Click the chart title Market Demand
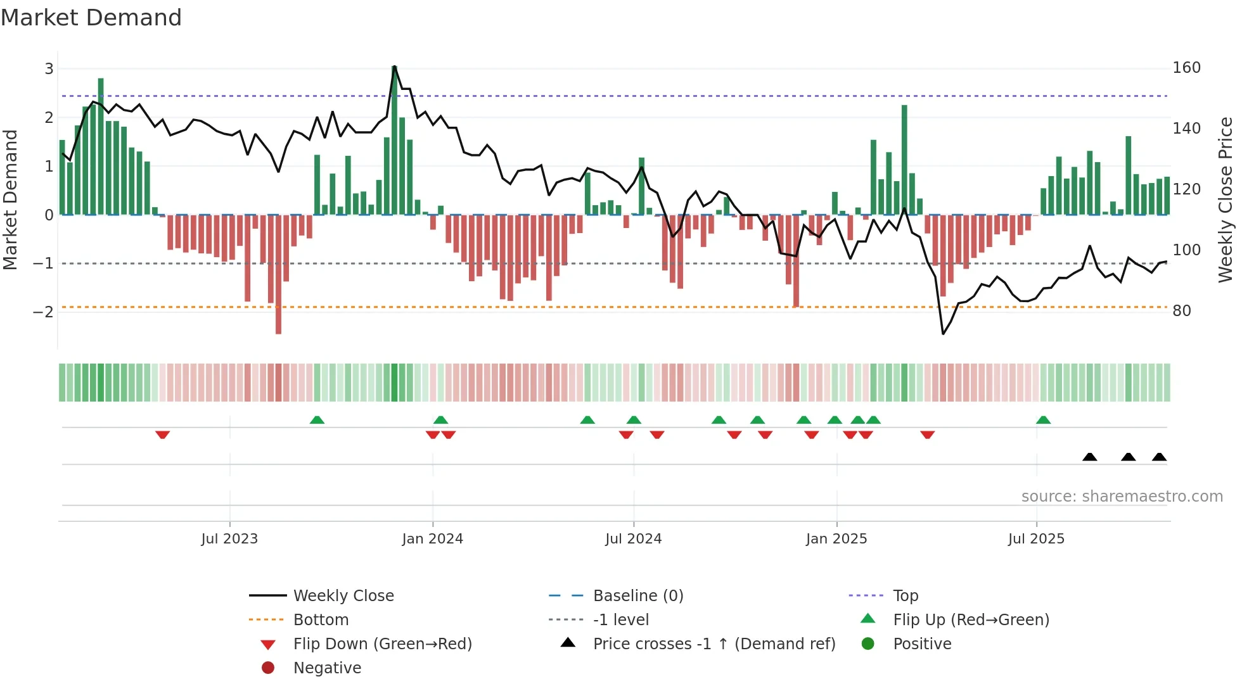[x=91, y=18]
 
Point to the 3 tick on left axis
[x=49, y=68]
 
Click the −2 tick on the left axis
[x=43, y=312]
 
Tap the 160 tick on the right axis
[x=1186, y=68]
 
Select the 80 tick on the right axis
[x=1181, y=311]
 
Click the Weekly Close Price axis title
[x=1226, y=200]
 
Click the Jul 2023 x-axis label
[x=229, y=539]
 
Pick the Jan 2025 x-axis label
[x=836, y=539]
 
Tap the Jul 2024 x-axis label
[x=633, y=539]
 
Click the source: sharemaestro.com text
[x=1122, y=497]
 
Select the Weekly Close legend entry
[x=343, y=596]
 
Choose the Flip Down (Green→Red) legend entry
[x=382, y=644]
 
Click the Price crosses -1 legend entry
[x=714, y=644]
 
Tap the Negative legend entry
[x=327, y=668]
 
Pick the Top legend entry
[x=906, y=596]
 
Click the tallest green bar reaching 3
[x=394, y=139]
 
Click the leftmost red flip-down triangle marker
[x=162, y=435]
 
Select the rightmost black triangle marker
[x=1159, y=457]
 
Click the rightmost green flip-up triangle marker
[x=1043, y=420]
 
